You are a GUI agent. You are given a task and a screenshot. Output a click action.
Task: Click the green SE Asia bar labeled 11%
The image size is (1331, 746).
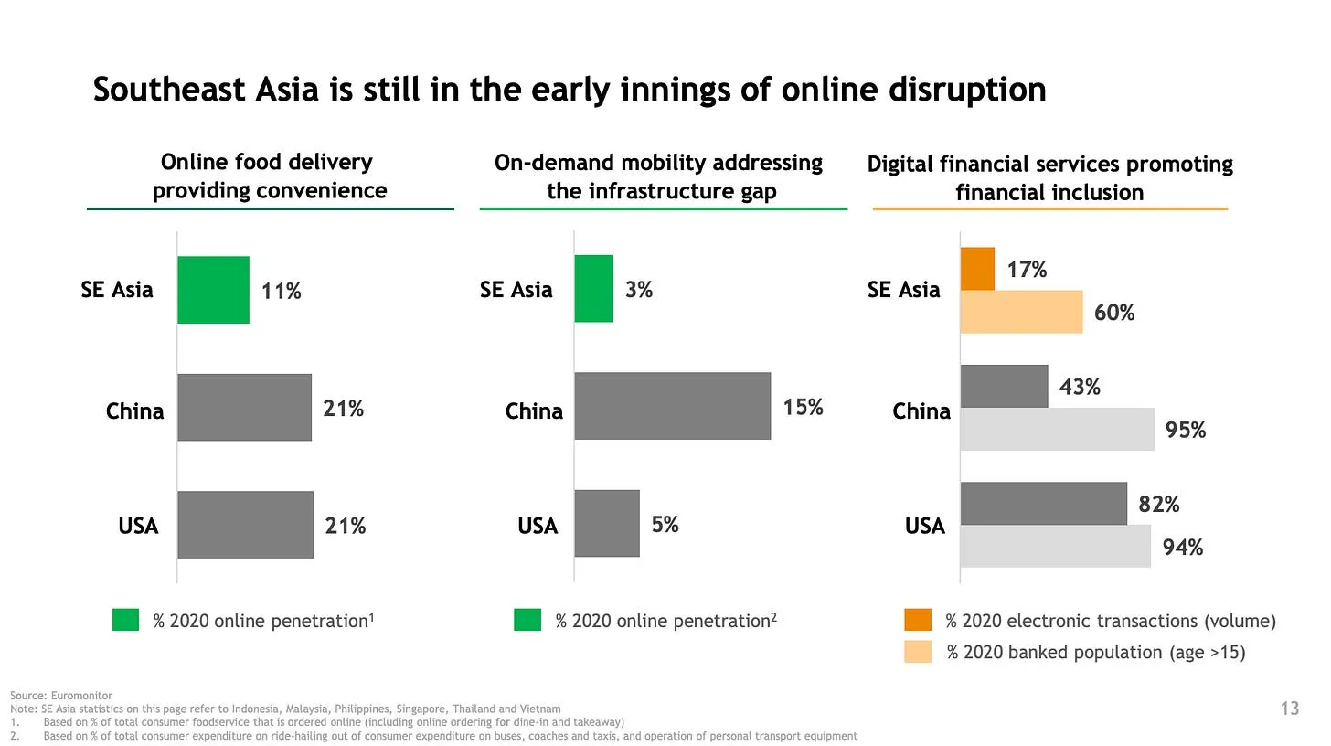pyautogui.click(x=213, y=290)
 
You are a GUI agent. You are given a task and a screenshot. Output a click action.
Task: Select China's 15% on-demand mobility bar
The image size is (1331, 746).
pyautogui.click(x=672, y=406)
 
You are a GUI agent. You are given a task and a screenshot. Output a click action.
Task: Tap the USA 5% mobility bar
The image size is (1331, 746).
pyautogui.click(x=607, y=523)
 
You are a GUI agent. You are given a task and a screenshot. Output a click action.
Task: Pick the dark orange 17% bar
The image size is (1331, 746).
pyautogui.click(x=977, y=269)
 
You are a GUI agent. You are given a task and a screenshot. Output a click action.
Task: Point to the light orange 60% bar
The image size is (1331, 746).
pyautogui.click(x=1021, y=312)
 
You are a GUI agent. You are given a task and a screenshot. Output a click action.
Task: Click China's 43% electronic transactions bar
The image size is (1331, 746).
pyautogui.click(x=1004, y=386)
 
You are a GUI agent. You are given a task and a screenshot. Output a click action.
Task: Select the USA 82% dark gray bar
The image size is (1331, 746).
pyautogui.click(x=1043, y=504)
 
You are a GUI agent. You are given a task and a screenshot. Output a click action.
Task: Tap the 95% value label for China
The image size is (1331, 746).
pyautogui.click(x=1186, y=430)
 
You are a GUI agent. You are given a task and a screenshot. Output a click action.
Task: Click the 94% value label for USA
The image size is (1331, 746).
pyautogui.click(x=1182, y=548)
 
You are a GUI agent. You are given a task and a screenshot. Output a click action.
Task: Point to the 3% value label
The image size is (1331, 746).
pyautogui.click(x=639, y=290)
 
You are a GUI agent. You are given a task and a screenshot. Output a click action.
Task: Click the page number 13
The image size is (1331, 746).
pyautogui.click(x=1290, y=709)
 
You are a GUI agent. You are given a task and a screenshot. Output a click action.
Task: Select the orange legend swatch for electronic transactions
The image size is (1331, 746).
pyautogui.click(x=918, y=620)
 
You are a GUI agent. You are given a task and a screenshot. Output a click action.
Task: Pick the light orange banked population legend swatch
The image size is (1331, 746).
pyautogui.click(x=918, y=652)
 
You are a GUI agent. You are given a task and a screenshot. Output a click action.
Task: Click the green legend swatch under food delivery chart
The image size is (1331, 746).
pyautogui.click(x=125, y=620)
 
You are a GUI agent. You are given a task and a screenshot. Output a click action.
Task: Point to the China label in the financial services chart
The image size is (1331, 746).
pyautogui.click(x=921, y=411)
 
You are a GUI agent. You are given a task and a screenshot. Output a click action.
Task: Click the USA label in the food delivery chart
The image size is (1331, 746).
pyautogui.click(x=138, y=526)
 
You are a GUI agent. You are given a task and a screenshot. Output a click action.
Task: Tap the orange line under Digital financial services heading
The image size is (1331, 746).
pyautogui.click(x=1049, y=209)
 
